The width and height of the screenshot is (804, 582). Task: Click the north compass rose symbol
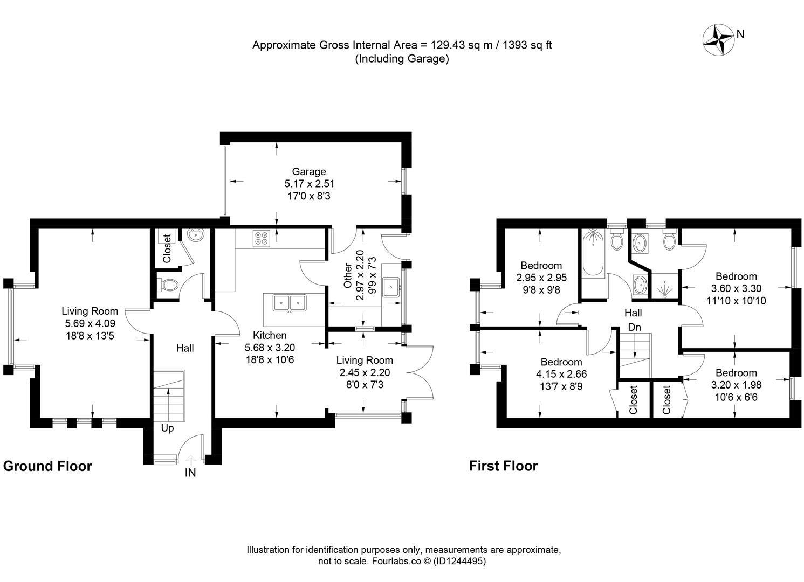coord(718,39)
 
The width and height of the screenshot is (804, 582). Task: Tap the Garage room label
coord(308,171)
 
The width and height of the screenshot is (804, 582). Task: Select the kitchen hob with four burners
coord(262,238)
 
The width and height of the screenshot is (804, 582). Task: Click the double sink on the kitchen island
coord(290,303)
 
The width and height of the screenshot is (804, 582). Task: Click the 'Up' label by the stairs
coord(168,428)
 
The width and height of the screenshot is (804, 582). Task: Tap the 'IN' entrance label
coord(190,473)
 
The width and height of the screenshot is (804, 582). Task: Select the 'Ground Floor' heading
coord(47,466)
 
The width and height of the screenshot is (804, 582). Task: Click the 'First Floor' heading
coord(503,466)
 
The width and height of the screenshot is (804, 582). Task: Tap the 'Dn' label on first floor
coord(634,327)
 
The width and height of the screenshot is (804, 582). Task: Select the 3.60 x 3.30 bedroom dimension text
coord(736,288)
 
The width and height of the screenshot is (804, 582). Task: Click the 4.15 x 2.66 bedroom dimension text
coord(561,374)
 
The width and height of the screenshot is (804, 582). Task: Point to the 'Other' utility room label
coord(348,275)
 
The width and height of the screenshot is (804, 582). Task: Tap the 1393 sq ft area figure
coord(527,45)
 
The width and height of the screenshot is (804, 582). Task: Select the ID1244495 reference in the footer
coord(460,561)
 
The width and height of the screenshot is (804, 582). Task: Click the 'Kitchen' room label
coord(270,335)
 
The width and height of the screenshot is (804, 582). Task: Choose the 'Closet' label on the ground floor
coord(167,248)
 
